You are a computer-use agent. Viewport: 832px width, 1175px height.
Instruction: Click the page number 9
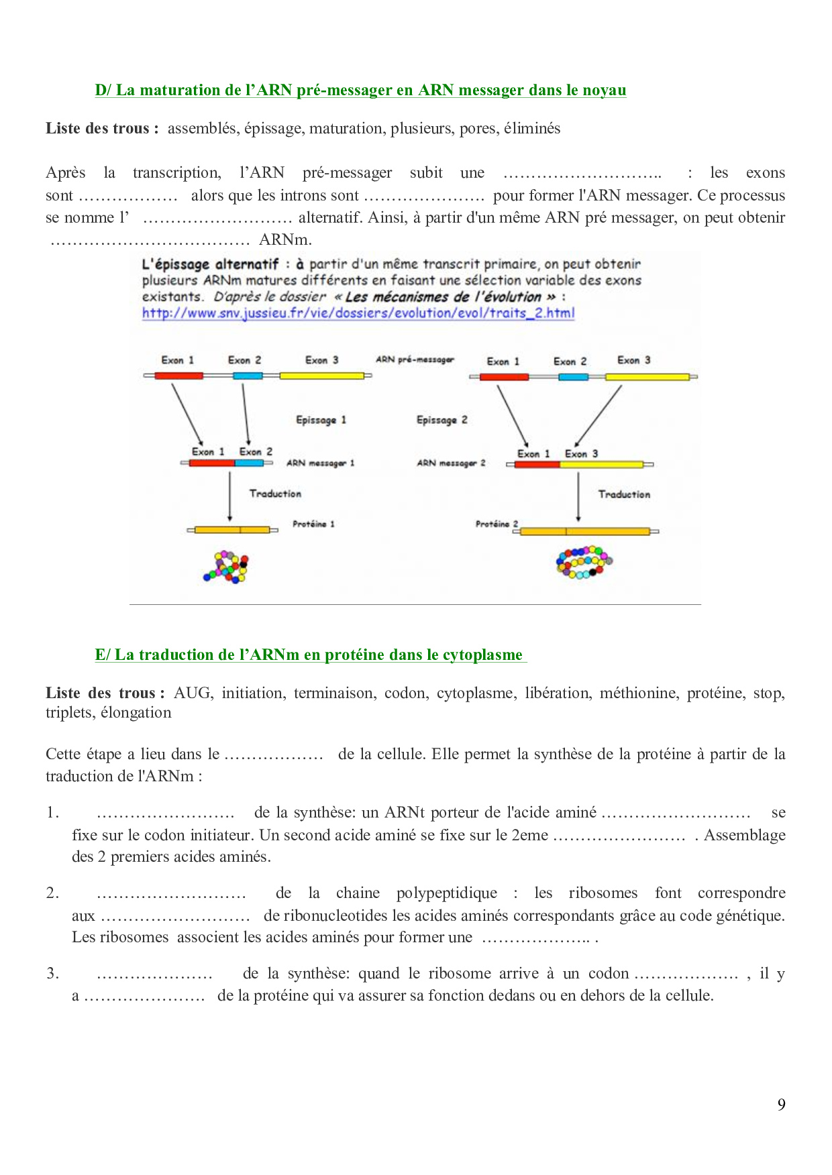(x=781, y=1105)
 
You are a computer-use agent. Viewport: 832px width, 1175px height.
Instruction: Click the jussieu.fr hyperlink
(x=358, y=313)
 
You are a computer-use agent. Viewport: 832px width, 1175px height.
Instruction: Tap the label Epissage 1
(x=321, y=420)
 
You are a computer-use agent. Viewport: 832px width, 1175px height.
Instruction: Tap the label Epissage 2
(x=441, y=420)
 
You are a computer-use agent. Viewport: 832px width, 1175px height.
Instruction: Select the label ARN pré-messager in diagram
(x=415, y=359)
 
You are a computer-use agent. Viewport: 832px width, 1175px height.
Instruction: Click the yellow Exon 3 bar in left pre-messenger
(x=321, y=376)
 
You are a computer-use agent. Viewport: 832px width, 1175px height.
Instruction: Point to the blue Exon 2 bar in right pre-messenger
(x=573, y=377)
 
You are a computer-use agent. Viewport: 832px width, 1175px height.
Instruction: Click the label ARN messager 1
(x=320, y=463)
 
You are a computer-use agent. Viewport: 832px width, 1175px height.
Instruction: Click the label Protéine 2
(x=497, y=524)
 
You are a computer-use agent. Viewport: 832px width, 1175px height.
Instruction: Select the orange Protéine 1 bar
(x=232, y=530)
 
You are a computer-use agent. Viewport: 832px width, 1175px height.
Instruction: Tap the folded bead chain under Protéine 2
(x=583, y=562)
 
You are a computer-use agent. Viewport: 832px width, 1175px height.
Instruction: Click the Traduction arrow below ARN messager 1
(x=229, y=496)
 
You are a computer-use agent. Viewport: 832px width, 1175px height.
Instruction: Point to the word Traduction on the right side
(x=624, y=494)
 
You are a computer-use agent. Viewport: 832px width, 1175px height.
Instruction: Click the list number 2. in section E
(x=52, y=893)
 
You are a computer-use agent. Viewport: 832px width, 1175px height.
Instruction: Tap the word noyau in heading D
(x=605, y=90)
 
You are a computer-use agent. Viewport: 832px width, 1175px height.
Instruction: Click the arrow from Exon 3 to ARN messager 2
(x=599, y=416)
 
